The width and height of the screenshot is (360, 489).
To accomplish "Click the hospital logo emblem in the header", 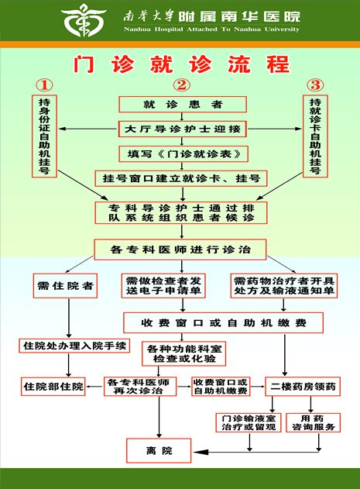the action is (x=84, y=20).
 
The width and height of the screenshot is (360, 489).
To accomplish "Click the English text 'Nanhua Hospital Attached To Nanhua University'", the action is (x=211, y=29).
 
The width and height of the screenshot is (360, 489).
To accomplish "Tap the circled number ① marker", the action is (x=44, y=84).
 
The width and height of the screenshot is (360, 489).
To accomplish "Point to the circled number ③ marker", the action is (x=315, y=84).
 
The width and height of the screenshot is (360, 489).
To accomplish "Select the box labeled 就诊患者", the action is (x=183, y=104).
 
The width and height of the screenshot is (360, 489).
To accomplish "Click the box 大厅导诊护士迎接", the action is (x=183, y=129).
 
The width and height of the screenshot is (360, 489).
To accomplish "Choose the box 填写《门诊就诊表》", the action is (x=183, y=153).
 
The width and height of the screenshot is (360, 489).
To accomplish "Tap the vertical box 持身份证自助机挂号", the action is (x=44, y=136).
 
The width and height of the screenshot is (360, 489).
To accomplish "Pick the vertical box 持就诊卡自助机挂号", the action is (x=315, y=136).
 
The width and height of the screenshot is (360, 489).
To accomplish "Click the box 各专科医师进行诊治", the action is (x=180, y=250).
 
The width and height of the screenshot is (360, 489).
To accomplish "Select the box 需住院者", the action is (x=65, y=286).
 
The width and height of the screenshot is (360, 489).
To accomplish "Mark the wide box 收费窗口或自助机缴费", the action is (x=223, y=323).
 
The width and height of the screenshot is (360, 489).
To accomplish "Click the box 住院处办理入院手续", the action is (x=74, y=346).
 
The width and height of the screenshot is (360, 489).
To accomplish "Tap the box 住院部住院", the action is (x=53, y=387).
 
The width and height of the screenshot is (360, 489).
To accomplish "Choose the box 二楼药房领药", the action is (x=303, y=387).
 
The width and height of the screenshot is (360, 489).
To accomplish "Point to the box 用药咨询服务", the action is (x=313, y=423).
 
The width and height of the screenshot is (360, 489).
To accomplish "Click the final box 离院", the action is (x=159, y=451).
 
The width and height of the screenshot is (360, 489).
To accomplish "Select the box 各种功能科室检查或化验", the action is (x=184, y=353).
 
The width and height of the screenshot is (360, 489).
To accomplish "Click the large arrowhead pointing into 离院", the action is (x=201, y=452).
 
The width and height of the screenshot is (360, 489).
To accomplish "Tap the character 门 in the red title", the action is (x=84, y=64).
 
